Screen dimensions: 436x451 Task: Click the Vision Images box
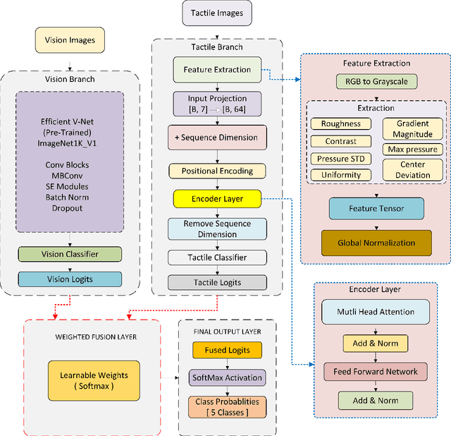pos(70,40)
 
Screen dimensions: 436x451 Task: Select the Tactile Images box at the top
pos(217,13)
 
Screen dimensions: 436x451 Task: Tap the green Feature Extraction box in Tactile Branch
pos(217,70)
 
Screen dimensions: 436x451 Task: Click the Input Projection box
pos(216,103)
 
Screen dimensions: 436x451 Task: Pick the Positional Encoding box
pos(216,171)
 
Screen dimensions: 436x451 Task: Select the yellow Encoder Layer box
pos(217,199)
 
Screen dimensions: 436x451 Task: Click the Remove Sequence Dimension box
pos(218,229)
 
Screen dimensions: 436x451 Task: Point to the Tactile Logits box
pos(217,282)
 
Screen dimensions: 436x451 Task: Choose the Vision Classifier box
pos(69,254)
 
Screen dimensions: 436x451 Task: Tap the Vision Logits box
pos(69,279)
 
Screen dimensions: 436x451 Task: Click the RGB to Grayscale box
pos(376,81)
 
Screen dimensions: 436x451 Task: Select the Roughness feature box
pos(341,123)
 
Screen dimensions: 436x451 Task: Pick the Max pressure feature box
pos(412,149)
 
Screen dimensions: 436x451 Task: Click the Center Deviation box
pos(412,170)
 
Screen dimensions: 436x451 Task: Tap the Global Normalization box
pos(376,243)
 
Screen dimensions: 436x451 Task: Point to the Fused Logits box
pos(227,349)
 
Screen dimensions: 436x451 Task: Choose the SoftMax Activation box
pos(227,377)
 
